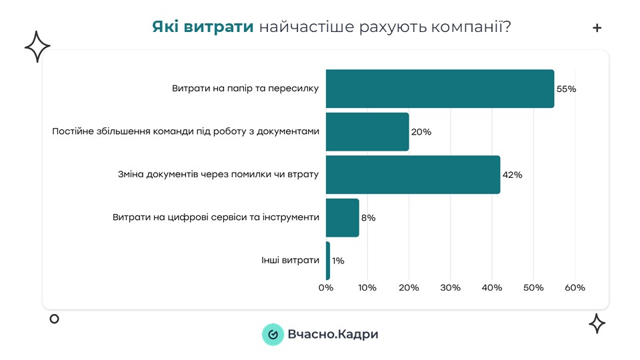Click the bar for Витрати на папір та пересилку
coord(439,89)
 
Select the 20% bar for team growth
coord(367,132)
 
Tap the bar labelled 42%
coord(413,175)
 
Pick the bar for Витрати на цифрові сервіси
coord(342,217)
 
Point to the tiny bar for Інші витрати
coord(328,261)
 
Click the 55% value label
coord(566,89)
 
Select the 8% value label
coord(368,218)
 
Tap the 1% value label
coord(338,261)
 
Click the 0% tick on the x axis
coord(325,288)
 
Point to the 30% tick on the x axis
coord(450,288)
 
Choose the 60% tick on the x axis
coord(575,288)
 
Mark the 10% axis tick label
coord(367,288)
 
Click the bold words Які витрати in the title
coord(203,27)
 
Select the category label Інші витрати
coord(290,260)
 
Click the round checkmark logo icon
coord(273,334)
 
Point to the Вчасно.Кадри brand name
coord(333,334)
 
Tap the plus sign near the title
coord(597,28)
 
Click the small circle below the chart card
coord(55,319)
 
